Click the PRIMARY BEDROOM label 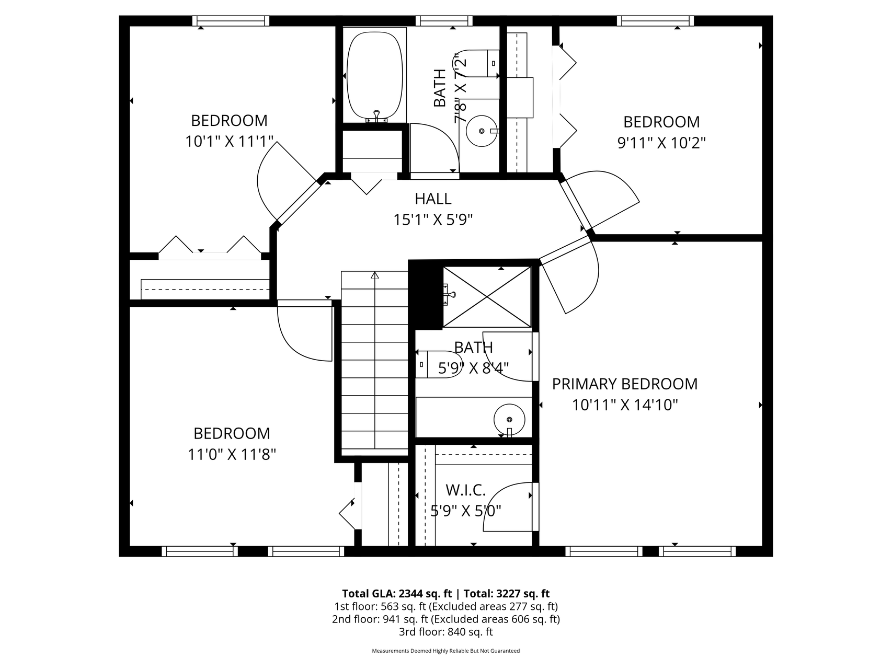(x=624, y=384)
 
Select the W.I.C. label (x=465, y=490)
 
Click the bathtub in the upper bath (x=375, y=75)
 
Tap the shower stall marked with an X (x=486, y=296)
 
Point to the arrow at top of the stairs (x=374, y=275)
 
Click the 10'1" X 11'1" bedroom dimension (x=229, y=142)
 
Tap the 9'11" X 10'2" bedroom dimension (x=661, y=143)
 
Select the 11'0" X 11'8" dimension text (x=232, y=454)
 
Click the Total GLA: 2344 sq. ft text (x=396, y=593)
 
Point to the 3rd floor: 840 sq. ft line (x=445, y=631)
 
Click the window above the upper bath (x=444, y=21)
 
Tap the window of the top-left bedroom (x=231, y=21)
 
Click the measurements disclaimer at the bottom (x=445, y=651)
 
